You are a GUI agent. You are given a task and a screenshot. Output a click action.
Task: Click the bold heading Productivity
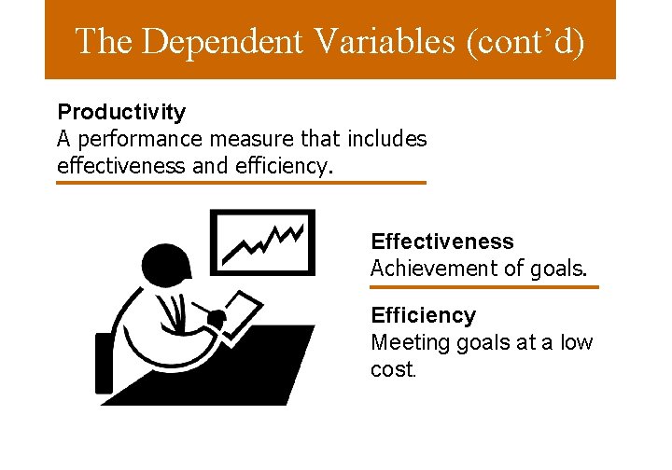point(121,113)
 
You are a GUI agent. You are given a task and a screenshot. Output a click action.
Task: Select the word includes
point(386,140)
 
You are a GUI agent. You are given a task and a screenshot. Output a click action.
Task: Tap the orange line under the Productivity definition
point(241,183)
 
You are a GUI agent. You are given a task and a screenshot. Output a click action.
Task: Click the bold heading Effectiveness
point(441,242)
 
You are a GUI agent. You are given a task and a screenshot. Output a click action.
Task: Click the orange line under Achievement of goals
point(483,287)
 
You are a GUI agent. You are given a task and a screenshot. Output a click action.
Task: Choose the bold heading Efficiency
point(423,316)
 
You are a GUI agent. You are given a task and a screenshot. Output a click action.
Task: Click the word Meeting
point(411,342)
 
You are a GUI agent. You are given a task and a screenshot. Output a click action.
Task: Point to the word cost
point(391,369)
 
